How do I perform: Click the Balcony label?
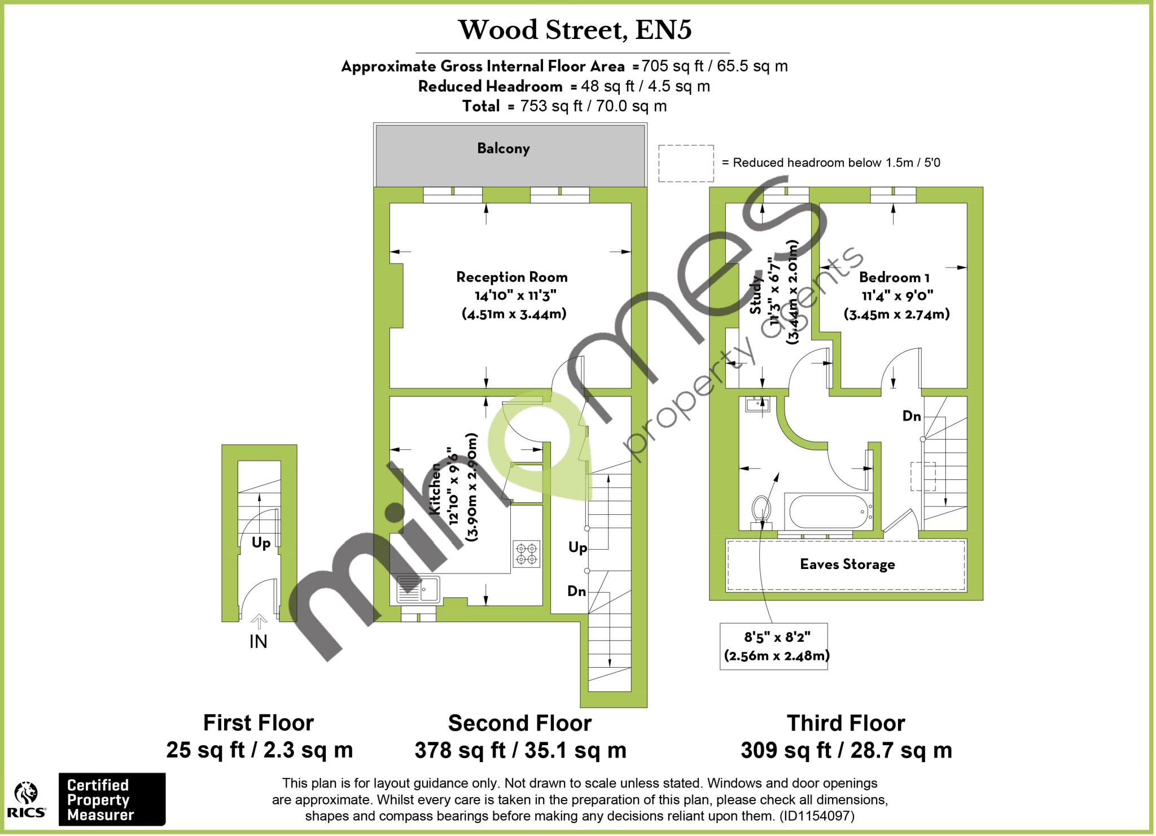[x=503, y=148]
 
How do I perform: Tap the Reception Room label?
[x=511, y=277]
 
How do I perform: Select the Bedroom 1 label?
[x=894, y=277]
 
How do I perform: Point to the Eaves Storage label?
[x=847, y=564]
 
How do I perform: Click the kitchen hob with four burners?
[x=526, y=554]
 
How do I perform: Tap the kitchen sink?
[x=418, y=589]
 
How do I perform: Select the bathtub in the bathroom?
[x=828, y=511]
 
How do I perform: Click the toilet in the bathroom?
[x=761, y=511]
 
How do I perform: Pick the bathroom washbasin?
[x=756, y=404]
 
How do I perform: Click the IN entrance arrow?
[x=259, y=623]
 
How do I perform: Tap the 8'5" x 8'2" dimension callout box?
[x=774, y=646]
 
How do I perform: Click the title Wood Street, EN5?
[x=575, y=30]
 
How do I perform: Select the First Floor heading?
[x=259, y=723]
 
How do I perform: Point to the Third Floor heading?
[x=846, y=723]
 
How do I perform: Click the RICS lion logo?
[x=26, y=794]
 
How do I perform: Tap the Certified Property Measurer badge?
[x=112, y=799]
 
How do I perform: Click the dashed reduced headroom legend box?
[x=686, y=163]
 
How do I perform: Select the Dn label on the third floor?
[x=911, y=417]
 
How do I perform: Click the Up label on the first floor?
[x=261, y=543]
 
